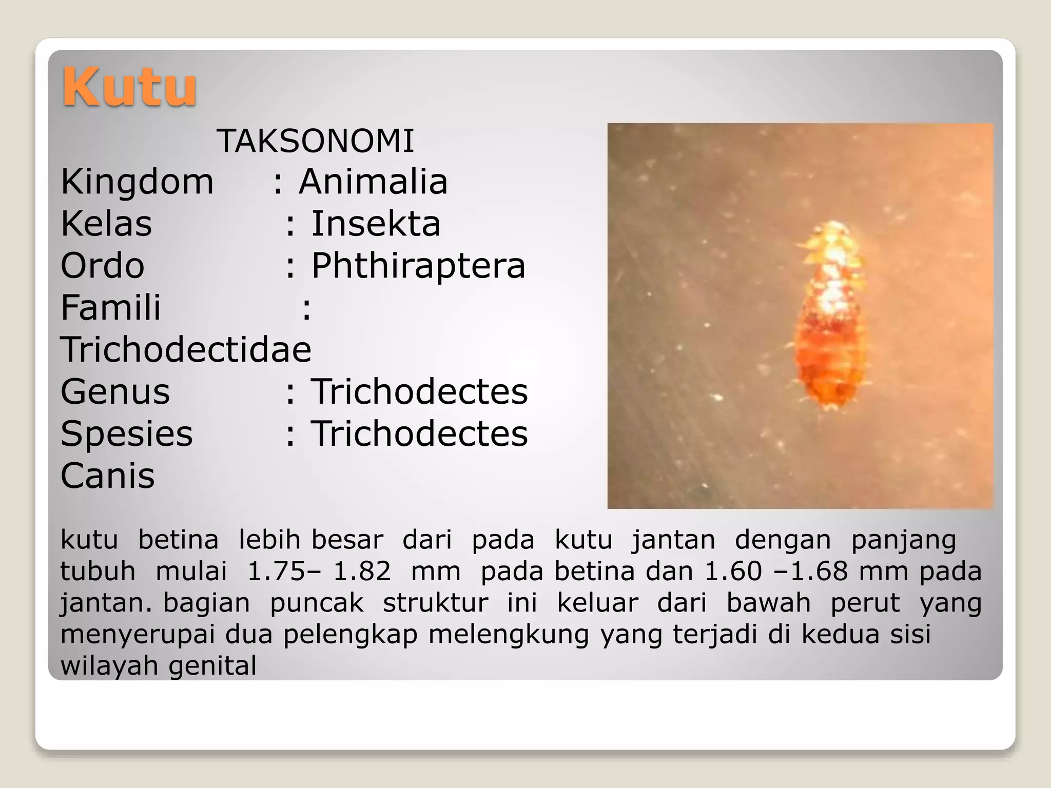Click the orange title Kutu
click(x=129, y=87)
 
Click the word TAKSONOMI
click(x=315, y=141)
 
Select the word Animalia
click(x=373, y=182)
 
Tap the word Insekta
click(x=376, y=224)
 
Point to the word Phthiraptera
click(x=418, y=266)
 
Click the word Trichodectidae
click(x=186, y=350)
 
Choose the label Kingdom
click(x=137, y=182)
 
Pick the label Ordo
click(x=103, y=266)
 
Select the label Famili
click(x=111, y=308)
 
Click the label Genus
click(x=115, y=392)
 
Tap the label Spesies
click(x=127, y=434)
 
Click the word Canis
click(x=107, y=476)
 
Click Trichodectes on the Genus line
click(x=419, y=392)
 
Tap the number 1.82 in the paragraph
click(x=362, y=572)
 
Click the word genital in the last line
click(x=212, y=666)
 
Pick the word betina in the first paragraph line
click(x=178, y=540)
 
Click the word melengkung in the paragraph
click(x=509, y=635)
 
